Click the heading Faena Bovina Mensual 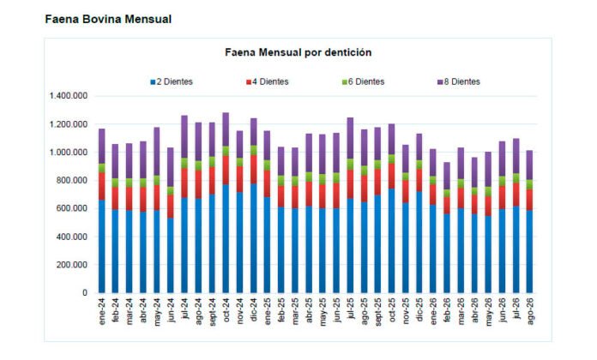coord(108,19)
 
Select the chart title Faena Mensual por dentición coord(298,52)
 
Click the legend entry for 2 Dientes coord(172,81)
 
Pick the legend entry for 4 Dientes coord(268,81)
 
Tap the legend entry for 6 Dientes coord(363,81)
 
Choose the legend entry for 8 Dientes coord(459,81)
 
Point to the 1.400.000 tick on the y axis coord(68,96)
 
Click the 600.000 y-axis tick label coord(71,208)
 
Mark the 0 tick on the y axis coord(85,293)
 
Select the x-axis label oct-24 coord(226,310)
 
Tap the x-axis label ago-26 coord(530,311)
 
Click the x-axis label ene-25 coord(268,311)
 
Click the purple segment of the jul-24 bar coord(184,136)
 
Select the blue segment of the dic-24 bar coord(254,238)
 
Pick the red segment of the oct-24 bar coord(226,170)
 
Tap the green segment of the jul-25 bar coord(350,165)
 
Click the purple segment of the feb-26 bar coord(447,176)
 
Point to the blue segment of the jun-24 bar coord(171,255)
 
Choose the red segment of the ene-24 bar coord(102,186)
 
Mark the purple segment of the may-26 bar coord(488,170)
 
